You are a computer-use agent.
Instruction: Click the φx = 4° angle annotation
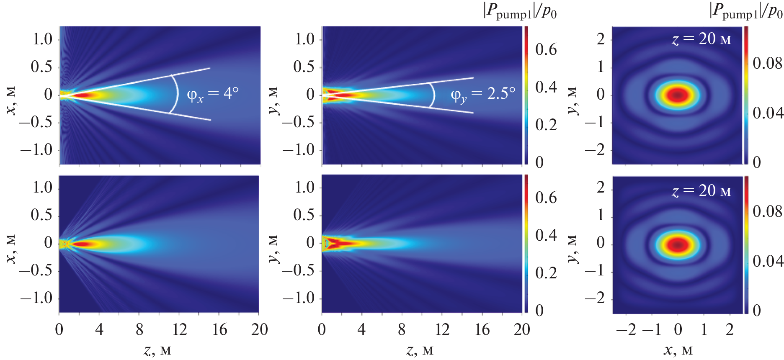pos(212,94)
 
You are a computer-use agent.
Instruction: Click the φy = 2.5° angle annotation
pos(482,95)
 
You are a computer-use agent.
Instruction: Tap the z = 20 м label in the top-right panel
pos(701,39)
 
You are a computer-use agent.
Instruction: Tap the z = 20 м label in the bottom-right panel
pos(701,191)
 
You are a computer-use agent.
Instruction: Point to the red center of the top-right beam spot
pos(678,95)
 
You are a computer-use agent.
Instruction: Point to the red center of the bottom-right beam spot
pos(678,244)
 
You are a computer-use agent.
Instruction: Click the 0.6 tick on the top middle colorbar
pos(546,50)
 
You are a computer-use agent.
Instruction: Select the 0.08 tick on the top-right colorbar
pos(767,64)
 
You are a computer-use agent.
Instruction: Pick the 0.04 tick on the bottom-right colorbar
pos(767,261)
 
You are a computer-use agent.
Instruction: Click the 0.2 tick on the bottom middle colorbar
pos(546,273)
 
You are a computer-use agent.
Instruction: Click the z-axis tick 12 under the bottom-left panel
pos(180,330)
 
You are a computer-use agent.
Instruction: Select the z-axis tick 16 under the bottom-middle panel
pos(482,330)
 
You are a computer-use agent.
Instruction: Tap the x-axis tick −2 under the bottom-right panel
pos(627,330)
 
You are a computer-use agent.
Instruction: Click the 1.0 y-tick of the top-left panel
pos(43,40)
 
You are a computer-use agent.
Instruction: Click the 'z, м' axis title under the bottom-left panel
pos(157,350)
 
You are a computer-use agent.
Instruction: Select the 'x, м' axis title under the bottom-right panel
pos(678,350)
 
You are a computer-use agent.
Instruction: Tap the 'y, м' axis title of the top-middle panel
pos(273,100)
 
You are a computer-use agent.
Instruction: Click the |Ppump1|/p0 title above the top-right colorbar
pos(746,11)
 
